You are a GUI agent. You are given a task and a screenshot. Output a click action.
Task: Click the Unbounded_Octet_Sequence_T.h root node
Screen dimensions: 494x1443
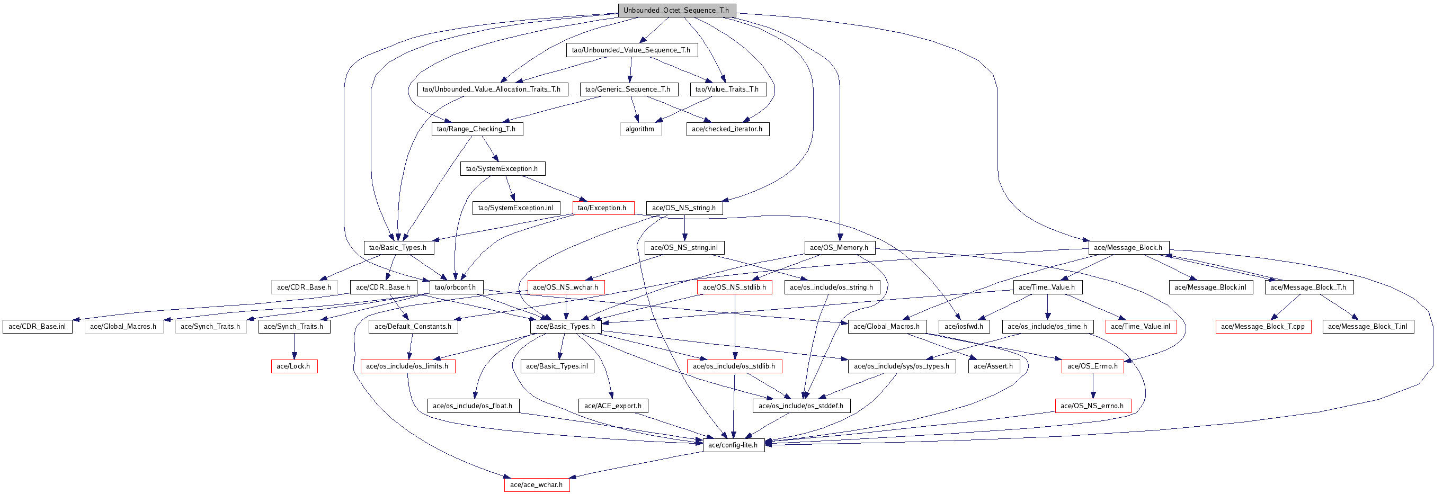tap(676, 11)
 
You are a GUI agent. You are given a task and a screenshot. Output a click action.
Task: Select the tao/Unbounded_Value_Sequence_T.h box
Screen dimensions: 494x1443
tap(631, 50)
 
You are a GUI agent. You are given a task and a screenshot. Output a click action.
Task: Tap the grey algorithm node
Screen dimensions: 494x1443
tap(640, 129)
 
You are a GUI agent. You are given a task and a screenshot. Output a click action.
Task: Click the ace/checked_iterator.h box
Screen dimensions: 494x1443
tap(727, 129)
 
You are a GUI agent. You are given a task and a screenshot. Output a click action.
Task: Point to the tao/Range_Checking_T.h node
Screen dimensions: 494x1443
tap(476, 129)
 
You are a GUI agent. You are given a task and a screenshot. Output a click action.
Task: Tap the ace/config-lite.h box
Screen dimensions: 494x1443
tap(733, 445)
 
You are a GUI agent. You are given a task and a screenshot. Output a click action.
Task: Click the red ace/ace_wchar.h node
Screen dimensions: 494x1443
tap(537, 485)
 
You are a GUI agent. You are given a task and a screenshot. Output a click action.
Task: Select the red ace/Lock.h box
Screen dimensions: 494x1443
tap(293, 366)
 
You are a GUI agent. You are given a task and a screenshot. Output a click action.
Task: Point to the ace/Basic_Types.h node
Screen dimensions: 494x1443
tap(566, 327)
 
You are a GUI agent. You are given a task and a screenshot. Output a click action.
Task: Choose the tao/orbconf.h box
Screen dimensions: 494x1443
tap(456, 288)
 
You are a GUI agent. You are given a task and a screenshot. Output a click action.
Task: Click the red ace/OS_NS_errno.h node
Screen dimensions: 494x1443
tap(1092, 406)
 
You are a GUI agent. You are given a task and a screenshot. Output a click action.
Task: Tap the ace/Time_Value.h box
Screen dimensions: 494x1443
tap(1047, 288)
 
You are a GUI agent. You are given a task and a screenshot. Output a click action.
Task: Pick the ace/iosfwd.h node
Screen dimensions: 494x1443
tap(964, 327)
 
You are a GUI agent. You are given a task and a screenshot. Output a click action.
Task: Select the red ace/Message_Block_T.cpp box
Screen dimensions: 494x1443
tap(1263, 327)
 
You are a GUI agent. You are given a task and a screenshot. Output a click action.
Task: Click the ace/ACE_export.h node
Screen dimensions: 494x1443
tap(613, 406)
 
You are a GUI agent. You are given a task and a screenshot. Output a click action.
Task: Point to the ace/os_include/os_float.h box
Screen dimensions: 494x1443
tap(473, 406)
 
